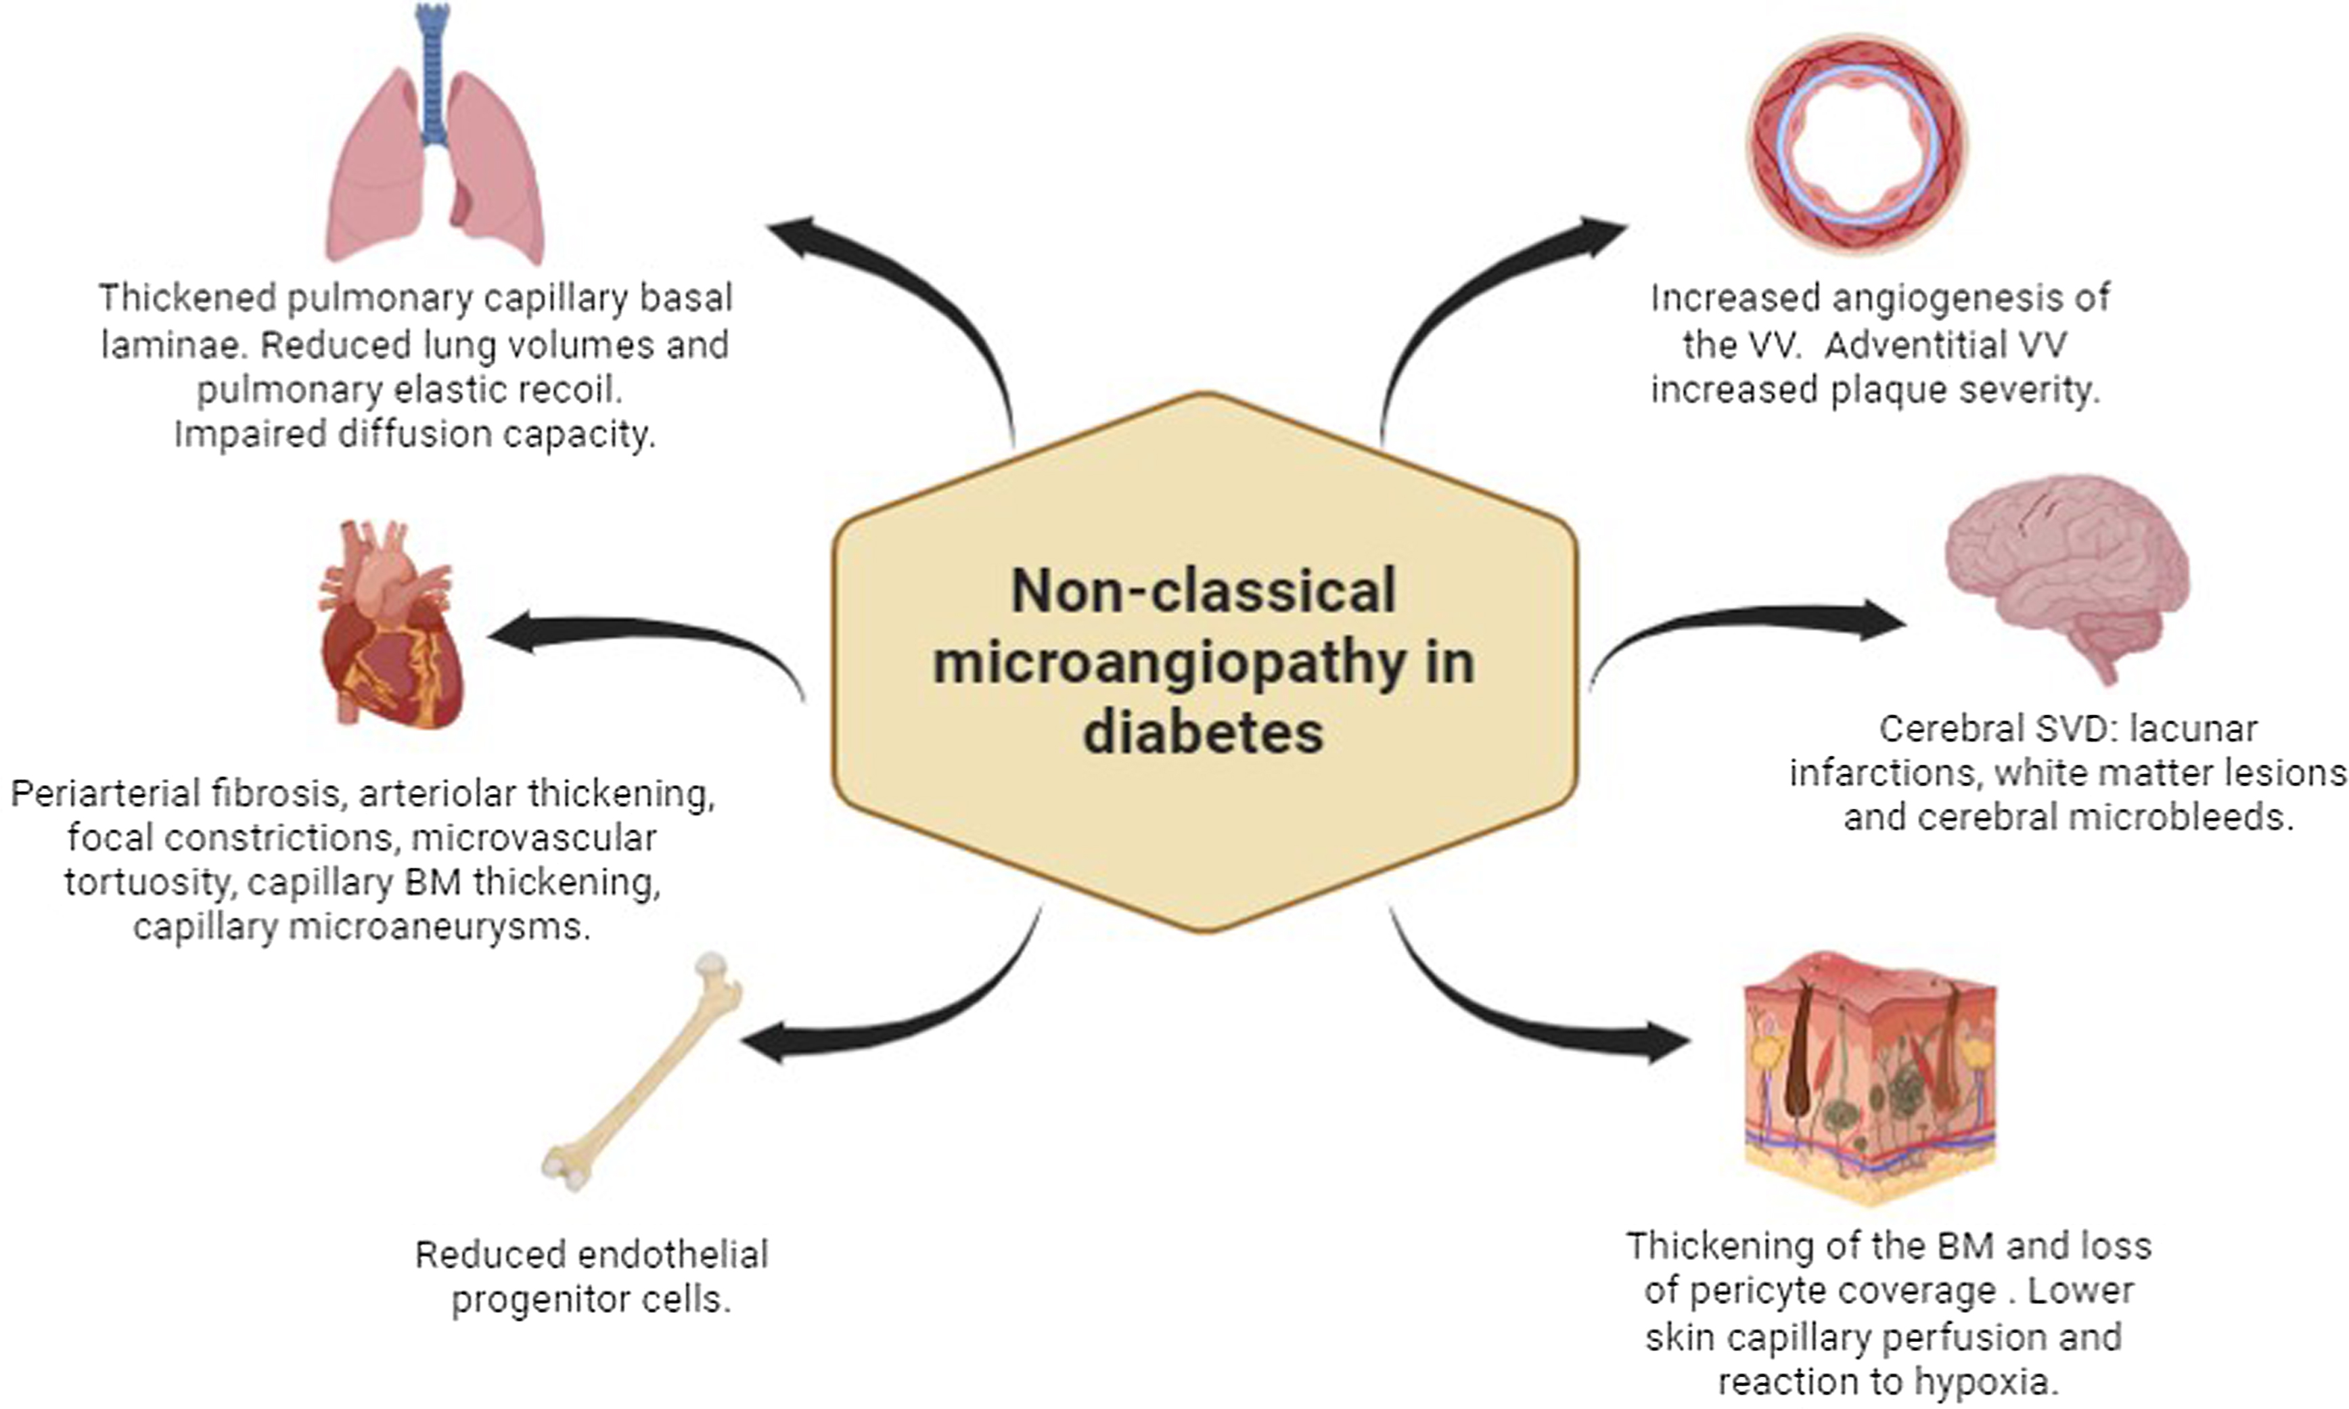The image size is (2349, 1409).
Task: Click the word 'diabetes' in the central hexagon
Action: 1204,734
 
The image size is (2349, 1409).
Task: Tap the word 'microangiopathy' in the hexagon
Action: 1169,663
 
